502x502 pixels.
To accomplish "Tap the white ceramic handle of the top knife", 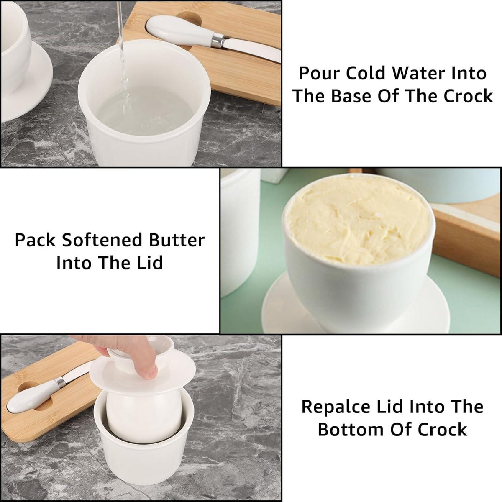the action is click(x=180, y=30).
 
